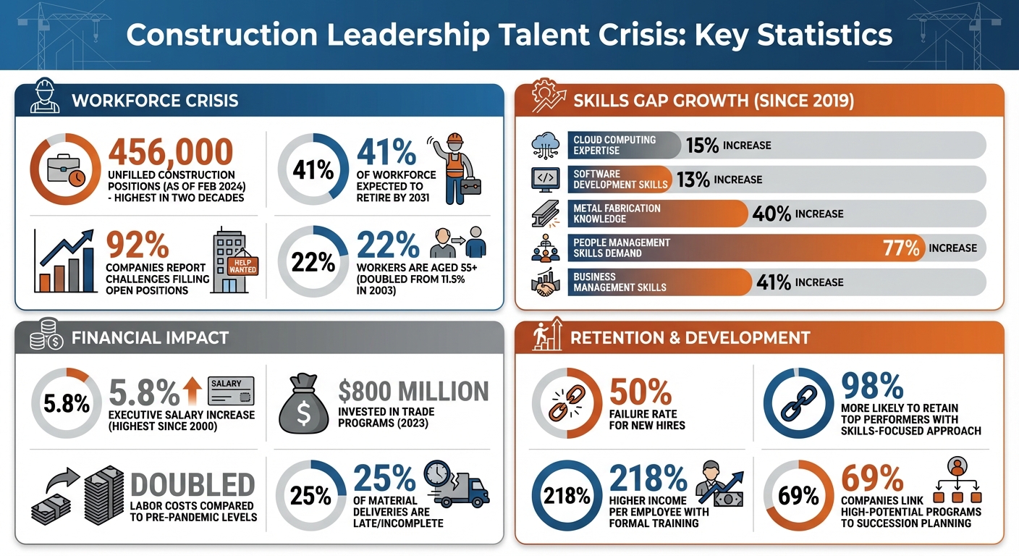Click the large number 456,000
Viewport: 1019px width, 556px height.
tap(171, 152)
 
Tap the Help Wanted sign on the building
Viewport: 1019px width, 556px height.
tap(242, 266)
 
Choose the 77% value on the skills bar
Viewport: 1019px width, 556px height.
tap(901, 248)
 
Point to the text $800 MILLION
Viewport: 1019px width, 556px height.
tap(413, 392)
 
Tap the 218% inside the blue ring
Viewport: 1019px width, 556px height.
tap(567, 496)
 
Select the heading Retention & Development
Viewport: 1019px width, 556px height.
tap(690, 337)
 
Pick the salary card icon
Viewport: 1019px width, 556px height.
tap(231, 391)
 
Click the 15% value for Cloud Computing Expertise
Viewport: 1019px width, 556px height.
tap(702, 146)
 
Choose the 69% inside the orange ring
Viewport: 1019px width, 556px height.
tap(798, 496)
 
